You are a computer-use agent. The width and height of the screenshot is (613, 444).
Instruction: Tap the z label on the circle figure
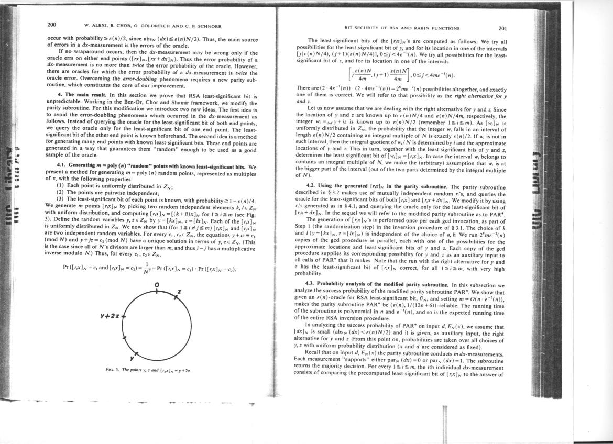pyautogui.click(x=180, y=291)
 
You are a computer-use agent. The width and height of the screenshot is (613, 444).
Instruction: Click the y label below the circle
pyautogui.click(x=131, y=358)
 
